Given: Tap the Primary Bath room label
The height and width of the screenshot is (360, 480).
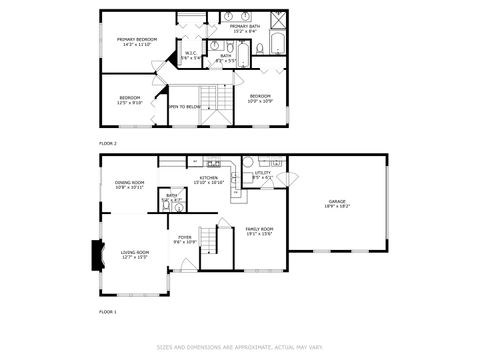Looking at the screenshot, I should (245, 28).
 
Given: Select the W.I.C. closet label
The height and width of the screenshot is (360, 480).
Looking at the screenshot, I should (190, 56).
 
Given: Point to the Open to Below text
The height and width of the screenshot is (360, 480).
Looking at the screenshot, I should (185, 106).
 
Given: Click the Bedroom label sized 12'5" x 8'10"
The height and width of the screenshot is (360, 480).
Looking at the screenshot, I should (129, 99).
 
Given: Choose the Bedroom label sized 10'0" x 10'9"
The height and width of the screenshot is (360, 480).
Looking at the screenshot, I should (260, 98).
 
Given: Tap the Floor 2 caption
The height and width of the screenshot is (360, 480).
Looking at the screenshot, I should (108, 144).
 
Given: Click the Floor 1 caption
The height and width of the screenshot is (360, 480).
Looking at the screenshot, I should (108, 312).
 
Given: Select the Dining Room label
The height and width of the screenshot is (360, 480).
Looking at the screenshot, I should (130, 185).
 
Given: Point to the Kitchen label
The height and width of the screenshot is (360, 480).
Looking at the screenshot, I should (208, 180).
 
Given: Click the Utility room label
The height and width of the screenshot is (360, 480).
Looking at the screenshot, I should (262, 175).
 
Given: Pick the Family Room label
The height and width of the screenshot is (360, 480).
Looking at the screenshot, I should (260, 232).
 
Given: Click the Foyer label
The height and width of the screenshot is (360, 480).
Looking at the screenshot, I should (185, 239).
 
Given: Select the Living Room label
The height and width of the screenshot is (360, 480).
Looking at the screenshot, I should (135, 255).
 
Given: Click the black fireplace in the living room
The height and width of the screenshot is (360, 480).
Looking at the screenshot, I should (97, 256).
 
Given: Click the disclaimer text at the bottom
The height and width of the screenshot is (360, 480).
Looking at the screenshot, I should (239, 348).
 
